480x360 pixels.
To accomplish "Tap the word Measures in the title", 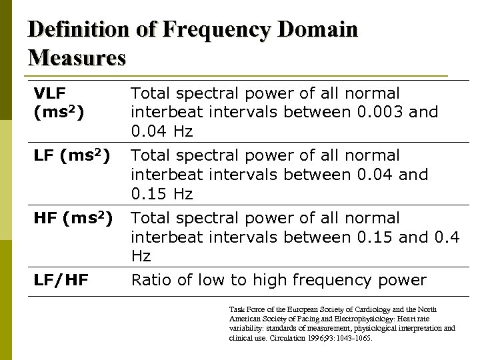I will pos(77,58).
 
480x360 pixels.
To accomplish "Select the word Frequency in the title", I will pos(216,30).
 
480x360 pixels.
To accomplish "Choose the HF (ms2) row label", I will pos(72,219).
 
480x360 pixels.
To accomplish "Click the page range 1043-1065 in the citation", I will pos(349,338).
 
